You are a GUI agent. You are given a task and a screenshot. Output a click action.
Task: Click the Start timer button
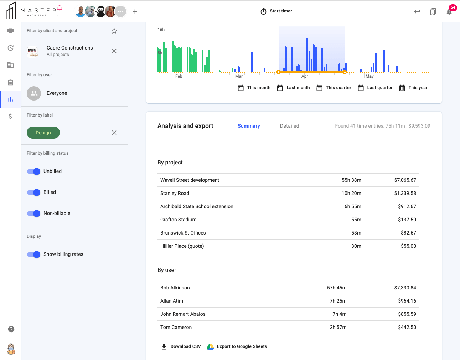pyautogui.click(x=276, y=11)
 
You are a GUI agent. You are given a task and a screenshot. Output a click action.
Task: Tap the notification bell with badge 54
pyautogui.click(x=449, y=12)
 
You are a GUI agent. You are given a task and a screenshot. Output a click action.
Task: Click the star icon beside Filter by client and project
pyautogui.click(x=114, y=31)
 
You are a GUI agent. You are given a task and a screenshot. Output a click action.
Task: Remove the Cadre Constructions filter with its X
pyautogui.click(x=114, y=51)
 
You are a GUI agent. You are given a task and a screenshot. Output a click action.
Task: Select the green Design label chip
pyautogui.click(x=43, y=133)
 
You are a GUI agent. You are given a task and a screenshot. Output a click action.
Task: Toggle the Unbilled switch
pyautogui.click(x=34, y=171)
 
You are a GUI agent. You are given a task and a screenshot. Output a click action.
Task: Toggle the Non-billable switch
pyautogui.click(x=34, y=214)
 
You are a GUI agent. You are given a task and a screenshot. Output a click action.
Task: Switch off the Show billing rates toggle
pyautogui.click(x=34, y=254)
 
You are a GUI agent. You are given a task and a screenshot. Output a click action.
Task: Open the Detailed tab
pyautogui.click(x=289, y=126)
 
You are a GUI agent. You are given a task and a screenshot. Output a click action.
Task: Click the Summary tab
pyautogui.click(x=249, y=126)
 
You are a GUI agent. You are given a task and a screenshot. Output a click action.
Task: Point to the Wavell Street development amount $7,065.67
pyautogui.click(x=405, y=180)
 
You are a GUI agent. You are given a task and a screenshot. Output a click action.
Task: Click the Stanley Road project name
pyautogui.click(x=175, y=194)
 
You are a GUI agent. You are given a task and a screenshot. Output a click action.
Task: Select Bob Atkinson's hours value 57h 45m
pyautogui.click(x=337, y=288)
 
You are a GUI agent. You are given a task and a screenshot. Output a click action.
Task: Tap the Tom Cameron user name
pyautogui.click(x=176, y=328)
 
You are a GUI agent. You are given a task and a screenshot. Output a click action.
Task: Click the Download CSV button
pyautogui.click(x=181, y=346)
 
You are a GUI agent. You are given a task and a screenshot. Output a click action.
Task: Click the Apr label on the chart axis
pyautogui.click(x=305, y=77)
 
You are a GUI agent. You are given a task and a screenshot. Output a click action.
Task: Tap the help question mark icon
pyautogui.click(x=11, y=329)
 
